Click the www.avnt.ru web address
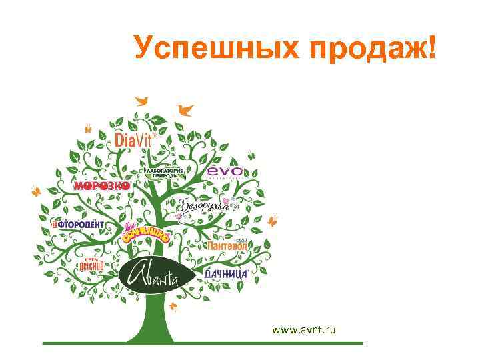pyautogui.click(x=304, y=329)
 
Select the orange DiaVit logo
pyautogui.click(x=134, y=139)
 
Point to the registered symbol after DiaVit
pyautogui.click(x=157, y=133)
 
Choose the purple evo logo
pyautogui.click(x=224, y=172)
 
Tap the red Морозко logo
pyautogui.click(x=101, y=185)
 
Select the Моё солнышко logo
pyautogui.click(x=145, y=234)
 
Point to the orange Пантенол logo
pyautogui.click(x=227, y=245)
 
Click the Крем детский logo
pyautogui.click(x=89, y=263)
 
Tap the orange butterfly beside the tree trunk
pyautogui.click(x=175, y=307)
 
